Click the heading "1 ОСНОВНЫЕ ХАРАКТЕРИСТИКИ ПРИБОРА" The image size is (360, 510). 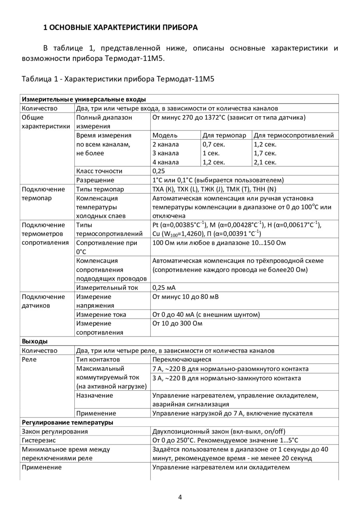pos(120,28)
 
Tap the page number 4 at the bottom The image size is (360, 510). pos(180,497)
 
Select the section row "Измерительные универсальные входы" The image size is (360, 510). pos(84,99)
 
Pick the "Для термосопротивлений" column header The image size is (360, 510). pos(294,135)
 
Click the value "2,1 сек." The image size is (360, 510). pos(265,162)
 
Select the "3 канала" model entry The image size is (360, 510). pos(166,153)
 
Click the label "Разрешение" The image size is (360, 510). pos(95,180)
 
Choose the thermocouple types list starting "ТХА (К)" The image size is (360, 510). pos(214,189)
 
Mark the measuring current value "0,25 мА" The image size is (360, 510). pos(164,287)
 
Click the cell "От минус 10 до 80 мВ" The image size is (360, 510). pos(186,297)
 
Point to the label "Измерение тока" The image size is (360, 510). pos(101,315)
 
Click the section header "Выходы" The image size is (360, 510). pos(35,341)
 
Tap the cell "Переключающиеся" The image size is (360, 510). pos(182,359)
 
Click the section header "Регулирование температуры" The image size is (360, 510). pos(67,422)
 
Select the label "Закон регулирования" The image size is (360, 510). pos(55,432)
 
